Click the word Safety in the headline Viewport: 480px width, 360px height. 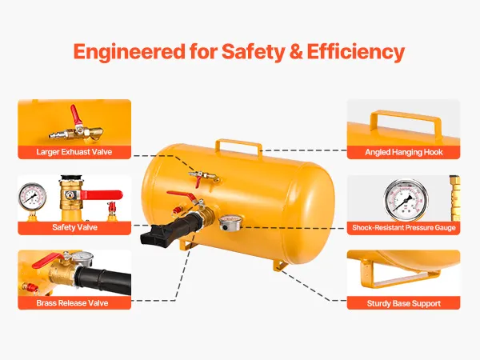point(253,52)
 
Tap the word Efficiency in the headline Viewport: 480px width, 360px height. point(355,52)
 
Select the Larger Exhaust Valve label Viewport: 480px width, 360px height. point(74,152)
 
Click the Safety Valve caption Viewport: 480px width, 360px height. point(74,227)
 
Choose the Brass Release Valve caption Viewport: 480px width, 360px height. point(72,303)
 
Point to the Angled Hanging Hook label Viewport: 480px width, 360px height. point(404,152)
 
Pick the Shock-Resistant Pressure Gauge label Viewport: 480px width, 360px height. point(404,227)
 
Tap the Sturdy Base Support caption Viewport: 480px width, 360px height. point(404,303)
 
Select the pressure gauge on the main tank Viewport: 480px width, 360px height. point(231,223)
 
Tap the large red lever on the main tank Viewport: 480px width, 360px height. point(182,196)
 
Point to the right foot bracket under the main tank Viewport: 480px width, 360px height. point(280,265)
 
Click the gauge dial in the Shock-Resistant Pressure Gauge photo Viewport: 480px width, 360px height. point(406,200)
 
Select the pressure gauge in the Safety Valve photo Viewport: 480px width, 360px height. point(33,198)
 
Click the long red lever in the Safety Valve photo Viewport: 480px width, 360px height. point(101,194)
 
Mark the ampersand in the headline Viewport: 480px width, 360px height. point(295,52)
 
